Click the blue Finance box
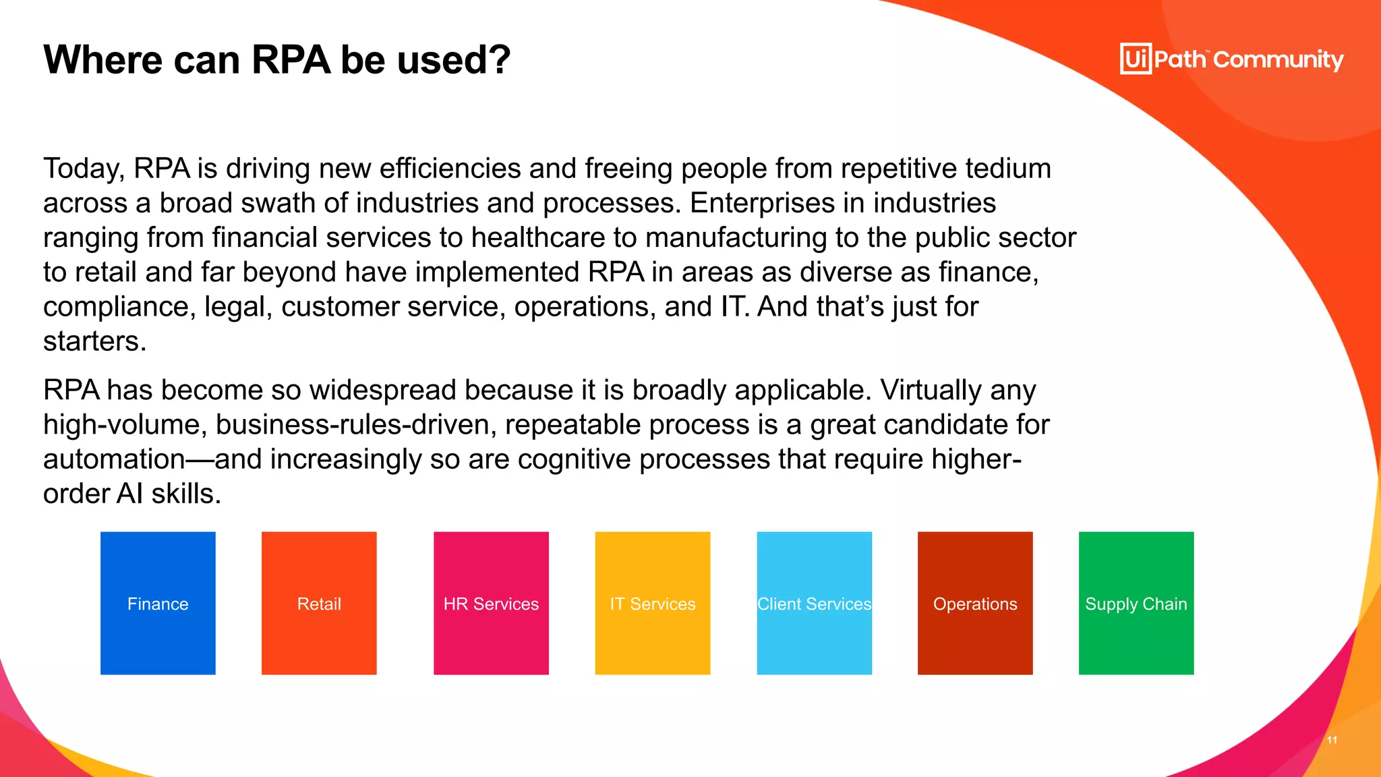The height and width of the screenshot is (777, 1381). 158,603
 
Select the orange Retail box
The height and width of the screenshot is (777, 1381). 319,603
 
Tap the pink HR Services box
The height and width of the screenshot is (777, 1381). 491,603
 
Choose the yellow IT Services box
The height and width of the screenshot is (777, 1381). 652,603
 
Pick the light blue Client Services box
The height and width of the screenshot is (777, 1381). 814,603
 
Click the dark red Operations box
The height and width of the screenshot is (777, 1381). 975,603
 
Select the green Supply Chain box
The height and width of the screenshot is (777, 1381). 1136,603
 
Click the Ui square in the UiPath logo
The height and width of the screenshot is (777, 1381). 1136,59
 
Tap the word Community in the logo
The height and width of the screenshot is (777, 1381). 1279,60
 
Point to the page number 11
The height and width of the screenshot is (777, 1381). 1332,740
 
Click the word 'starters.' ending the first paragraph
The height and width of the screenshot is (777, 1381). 94,341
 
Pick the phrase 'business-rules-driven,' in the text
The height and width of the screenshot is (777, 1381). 356,425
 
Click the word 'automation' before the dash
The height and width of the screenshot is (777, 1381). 114,459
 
